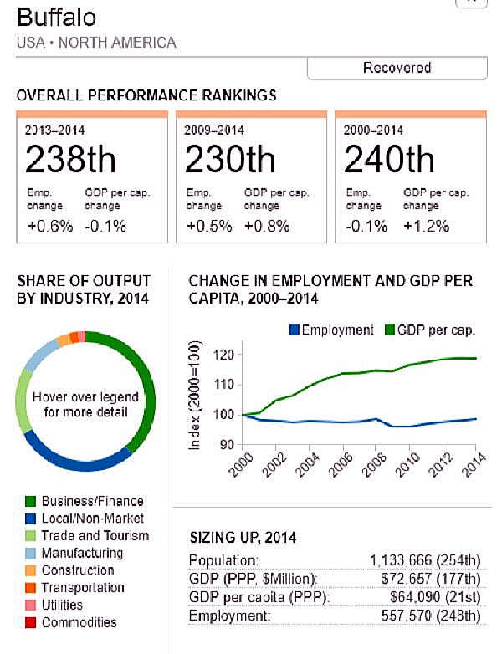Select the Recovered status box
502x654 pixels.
tap(397, 68)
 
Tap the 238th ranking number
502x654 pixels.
tap(70, 159)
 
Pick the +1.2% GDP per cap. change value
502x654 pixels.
tap(427, 226)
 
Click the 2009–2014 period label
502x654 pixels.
tap(213, 130)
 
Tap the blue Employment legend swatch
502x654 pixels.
tap(293, 330)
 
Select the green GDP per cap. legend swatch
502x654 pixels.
tap(390, 330)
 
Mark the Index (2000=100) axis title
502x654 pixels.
tap(195, 396)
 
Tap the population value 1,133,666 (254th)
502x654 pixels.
tap(425, 560)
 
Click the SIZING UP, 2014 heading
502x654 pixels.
tap(243, 537)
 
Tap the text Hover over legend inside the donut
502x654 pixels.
tap(85, 397)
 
